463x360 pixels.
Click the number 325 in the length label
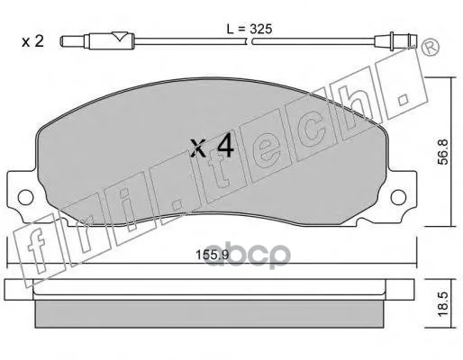(259, 30)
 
